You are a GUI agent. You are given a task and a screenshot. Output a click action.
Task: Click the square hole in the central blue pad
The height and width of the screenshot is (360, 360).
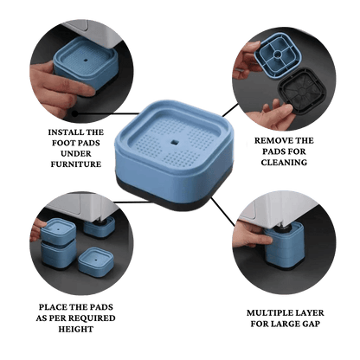[174, 142]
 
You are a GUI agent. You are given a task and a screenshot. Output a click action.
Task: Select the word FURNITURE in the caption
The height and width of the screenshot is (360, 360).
[76, 164]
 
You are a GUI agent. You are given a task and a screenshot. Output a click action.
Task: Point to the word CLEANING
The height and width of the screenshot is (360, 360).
[284, 163]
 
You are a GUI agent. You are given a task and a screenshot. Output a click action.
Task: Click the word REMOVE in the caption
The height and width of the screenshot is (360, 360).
[273, 141]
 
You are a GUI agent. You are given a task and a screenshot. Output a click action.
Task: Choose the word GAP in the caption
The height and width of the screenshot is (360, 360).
[311, 324]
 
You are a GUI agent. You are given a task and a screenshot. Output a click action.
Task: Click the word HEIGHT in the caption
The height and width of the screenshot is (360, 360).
[76, 329]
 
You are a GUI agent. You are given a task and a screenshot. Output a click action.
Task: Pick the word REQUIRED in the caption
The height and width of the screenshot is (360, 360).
[93, 318]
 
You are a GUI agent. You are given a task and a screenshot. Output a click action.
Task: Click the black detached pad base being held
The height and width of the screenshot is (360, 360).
[301, 91]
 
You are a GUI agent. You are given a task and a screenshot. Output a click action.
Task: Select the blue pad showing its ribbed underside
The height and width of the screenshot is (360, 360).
[278, 55]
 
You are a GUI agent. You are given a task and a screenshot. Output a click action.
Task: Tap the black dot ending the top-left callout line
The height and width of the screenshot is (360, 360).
[75, 113]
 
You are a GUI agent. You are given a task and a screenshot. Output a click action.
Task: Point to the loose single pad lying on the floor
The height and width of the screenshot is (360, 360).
[96, 262]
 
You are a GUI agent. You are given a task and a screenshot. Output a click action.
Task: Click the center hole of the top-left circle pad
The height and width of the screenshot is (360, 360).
[86, 61]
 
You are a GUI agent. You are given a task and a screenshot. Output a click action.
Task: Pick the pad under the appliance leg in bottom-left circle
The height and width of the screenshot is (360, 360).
[100, 227]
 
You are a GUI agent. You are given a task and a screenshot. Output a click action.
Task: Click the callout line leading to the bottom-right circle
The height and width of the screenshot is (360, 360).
[222, 212]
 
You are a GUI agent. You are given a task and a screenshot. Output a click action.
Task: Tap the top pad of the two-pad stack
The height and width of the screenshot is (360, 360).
[59, 231]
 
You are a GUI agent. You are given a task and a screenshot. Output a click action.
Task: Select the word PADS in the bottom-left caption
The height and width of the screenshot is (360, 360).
[102, 307]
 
